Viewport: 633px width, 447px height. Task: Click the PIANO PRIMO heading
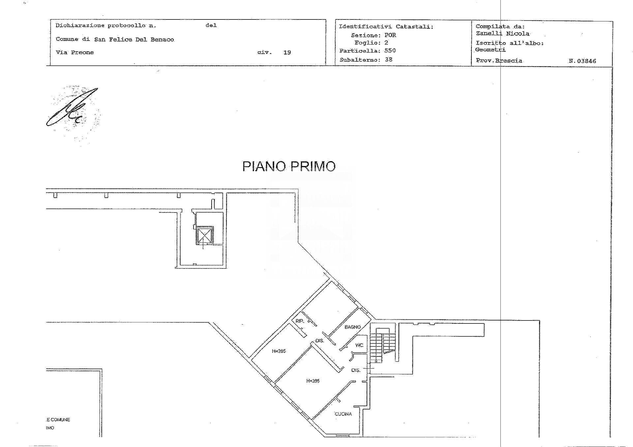pyautogui.click(x=289, y=166)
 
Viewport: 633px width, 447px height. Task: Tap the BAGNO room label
pyautogui.click(x=352, y=327)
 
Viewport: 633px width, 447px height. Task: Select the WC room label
pyautogui.click(x=359, y=345)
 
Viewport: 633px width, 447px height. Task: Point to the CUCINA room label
pyautogui.click(x=343, y=414)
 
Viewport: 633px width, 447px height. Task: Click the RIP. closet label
pyautogui.click(x=299, y=321)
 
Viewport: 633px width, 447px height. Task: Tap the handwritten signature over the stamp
pyautogui.click(x=73, y=107)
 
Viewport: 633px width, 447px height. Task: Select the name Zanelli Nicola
pyautogui.click(x=502, y=34)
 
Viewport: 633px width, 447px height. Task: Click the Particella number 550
pyautogui.click(x=390, y=51)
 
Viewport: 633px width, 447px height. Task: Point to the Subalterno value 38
pyautogui.click(x=388, y=60)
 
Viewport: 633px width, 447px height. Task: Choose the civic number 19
pyautogui.click(x=287, y=52)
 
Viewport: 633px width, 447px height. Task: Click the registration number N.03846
pyautogui.click(x=582, y=61)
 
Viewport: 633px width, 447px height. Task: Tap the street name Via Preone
pyautogui.click(x=75, y=52)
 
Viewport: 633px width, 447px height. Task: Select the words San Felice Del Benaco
pyautogui.click(x=134, y=40)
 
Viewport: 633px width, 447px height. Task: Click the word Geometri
pyautogui.click(x=490, y=50)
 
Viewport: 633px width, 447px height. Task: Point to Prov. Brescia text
pyautogui.click(x=499, y=61)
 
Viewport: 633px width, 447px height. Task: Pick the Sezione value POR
pyautogui.click(x=390, y=35)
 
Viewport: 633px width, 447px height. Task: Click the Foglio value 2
pyautogui.click(x=386, y=43)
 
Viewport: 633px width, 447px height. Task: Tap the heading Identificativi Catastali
pyautogui.click(x=386, y=27)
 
